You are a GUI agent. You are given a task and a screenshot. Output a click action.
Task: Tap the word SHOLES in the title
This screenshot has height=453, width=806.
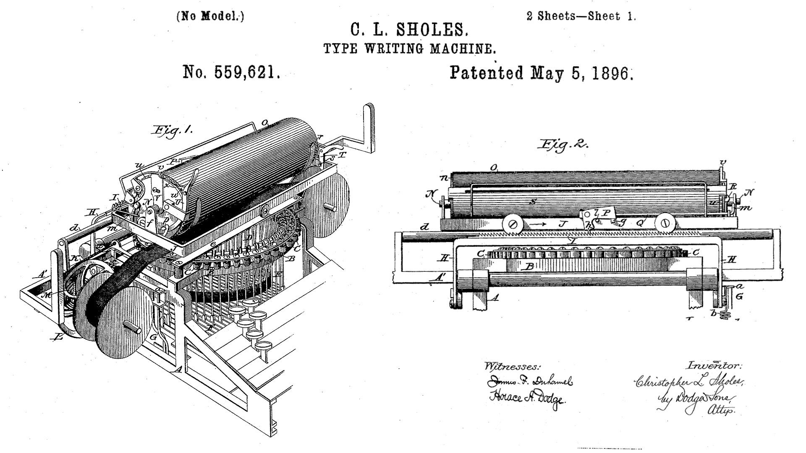pos(432,30)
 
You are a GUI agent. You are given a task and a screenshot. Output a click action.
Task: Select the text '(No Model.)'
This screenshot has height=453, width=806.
pos(210,16)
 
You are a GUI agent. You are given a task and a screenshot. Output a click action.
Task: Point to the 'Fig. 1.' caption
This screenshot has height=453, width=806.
pos(173,131)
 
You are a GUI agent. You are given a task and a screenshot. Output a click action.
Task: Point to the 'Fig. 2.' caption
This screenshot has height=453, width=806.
pos(563,145)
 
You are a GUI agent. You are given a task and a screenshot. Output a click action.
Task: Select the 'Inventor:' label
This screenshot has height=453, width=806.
pos(714,366)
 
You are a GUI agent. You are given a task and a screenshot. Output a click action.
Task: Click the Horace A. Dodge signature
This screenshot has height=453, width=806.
pos(527,398)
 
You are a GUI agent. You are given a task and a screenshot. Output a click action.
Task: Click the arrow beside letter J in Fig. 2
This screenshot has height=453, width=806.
pos(538,224)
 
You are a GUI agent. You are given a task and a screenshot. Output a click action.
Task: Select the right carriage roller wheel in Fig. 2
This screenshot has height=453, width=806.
pos(664,223)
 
